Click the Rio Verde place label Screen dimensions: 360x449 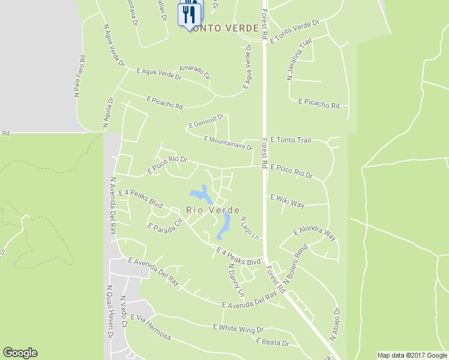pyautogui.click(x=213, y=210)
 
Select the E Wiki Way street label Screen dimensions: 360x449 pyautogui.click(x=288, y=201)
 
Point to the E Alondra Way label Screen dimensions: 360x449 pyautogui.click(x=315, y=234)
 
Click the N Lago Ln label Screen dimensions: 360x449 pyautogui.click(x=250, y=229)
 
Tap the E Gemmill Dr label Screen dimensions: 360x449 pyautogui.click(x=206, y=121)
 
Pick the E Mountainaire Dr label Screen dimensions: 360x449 pyautogui.click(x=228, y=143)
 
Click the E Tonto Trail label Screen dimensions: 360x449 pyautogui.click(x=291, y=140)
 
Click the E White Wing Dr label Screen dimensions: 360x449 pyautogui.click(x=238, y=329)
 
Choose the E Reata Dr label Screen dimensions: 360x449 pyautogui.click(x=272, y=343)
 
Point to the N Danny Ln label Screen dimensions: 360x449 pyautogui.click(x=236, y=281)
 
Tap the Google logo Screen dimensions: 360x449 pyautogui.click(x=20, y=353)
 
